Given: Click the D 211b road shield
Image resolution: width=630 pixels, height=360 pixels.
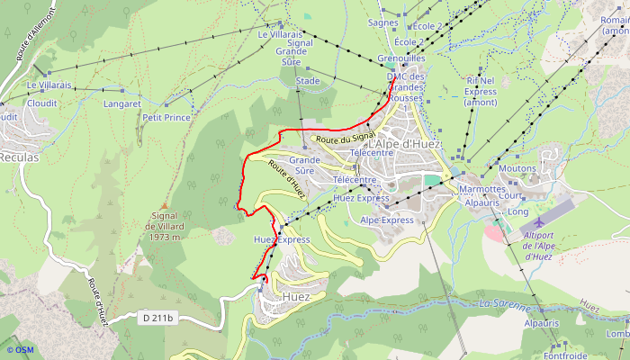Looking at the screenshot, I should [157, 318].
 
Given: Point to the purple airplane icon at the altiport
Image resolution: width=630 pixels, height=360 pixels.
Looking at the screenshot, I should [538, 221].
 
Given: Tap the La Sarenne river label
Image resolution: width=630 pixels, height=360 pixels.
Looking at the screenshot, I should [507, 305].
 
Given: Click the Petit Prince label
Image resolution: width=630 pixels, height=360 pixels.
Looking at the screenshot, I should [166, 117].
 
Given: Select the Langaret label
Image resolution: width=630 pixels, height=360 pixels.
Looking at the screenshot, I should [122, 104].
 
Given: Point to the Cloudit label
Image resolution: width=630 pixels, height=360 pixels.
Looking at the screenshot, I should [42, 103].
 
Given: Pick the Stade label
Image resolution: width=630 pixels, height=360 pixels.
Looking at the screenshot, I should [308, 81].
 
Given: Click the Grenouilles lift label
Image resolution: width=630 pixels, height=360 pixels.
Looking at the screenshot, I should [401, 58].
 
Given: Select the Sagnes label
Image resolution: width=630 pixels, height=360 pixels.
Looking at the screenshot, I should [383, 22].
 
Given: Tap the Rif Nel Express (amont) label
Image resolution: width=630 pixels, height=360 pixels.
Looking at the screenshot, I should [481, 91].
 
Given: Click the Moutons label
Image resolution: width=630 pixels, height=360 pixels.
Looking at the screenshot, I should [517, 168].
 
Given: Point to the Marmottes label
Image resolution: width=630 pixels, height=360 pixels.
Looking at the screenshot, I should [482, 190].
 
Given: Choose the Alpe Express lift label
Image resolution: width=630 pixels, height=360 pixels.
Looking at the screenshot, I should [387, 220].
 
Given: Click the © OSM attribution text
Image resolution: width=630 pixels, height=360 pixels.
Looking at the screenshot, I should [20, 350].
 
